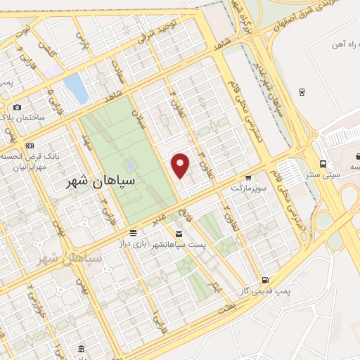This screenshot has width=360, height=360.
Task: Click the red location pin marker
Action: (x=181, y=166)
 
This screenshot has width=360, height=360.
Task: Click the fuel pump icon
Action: (x=264, y=279)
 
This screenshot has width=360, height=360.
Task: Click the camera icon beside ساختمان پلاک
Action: (x=17, y=107)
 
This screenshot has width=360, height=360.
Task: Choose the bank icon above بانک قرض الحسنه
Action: (x=29, y=146)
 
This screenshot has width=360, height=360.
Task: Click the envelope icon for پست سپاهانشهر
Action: (x=178, y=233)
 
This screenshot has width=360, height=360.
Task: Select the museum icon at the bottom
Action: (x=82, y=349)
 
